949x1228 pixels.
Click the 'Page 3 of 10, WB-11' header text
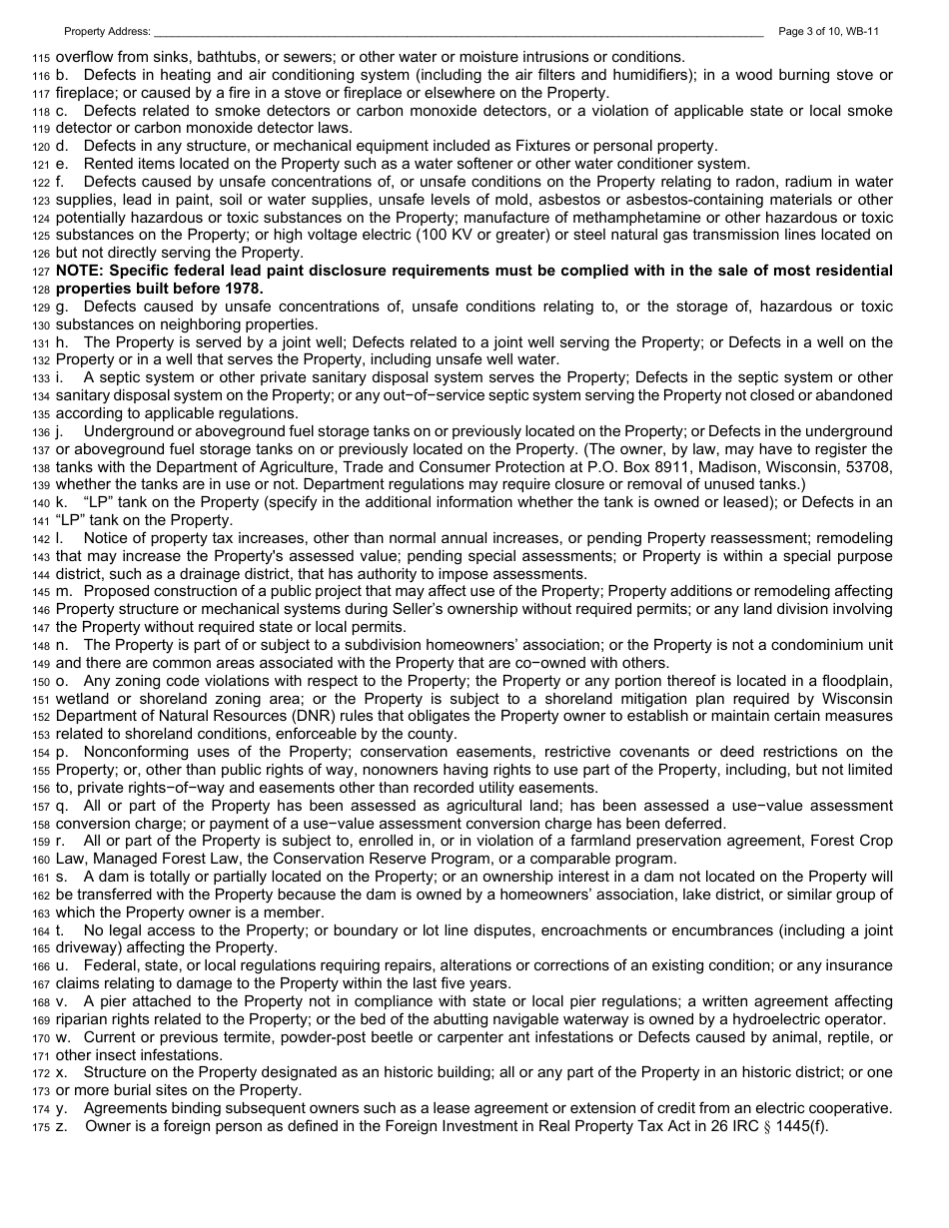(x=828, y=32)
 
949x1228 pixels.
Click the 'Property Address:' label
(x=107, y=32)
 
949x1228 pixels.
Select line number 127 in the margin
(x=41, y=272)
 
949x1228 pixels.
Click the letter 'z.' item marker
(x=61, y=1126)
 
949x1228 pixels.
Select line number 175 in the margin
(x=41, y=1127)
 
